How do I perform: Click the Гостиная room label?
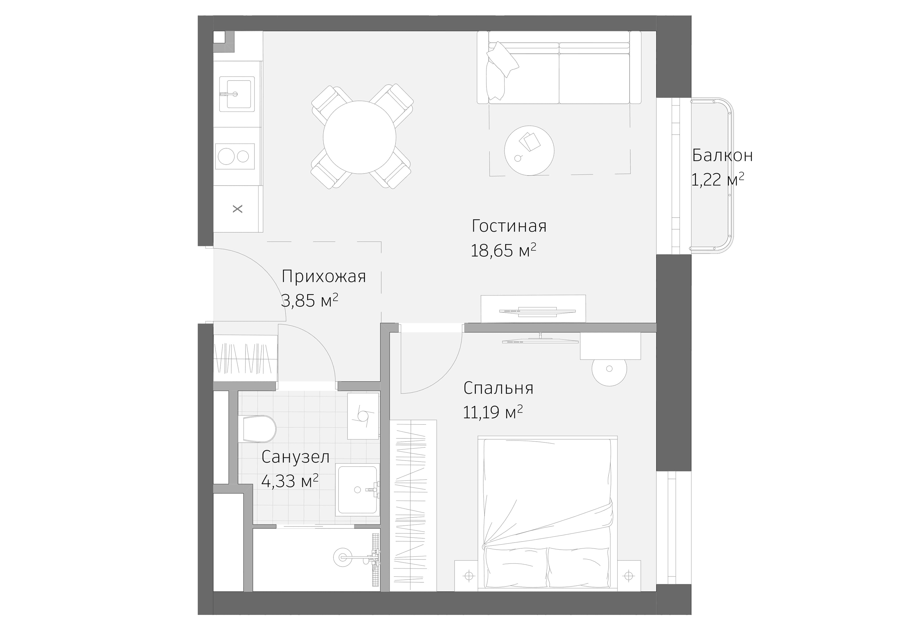(509, 226)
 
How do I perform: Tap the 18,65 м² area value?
(503, 251)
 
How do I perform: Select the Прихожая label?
(323, 276)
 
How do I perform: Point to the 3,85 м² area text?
(309, 301)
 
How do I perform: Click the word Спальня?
(498, 388)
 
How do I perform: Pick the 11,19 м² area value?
(492, 413)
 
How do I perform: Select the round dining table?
(359, 137)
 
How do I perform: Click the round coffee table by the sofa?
(529, 151)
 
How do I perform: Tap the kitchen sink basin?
(237, 94)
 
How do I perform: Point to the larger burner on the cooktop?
(226, 156)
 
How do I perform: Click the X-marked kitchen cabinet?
(237, 209)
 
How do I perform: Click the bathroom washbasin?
(357, 489)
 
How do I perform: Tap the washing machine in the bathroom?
(363, 416)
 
